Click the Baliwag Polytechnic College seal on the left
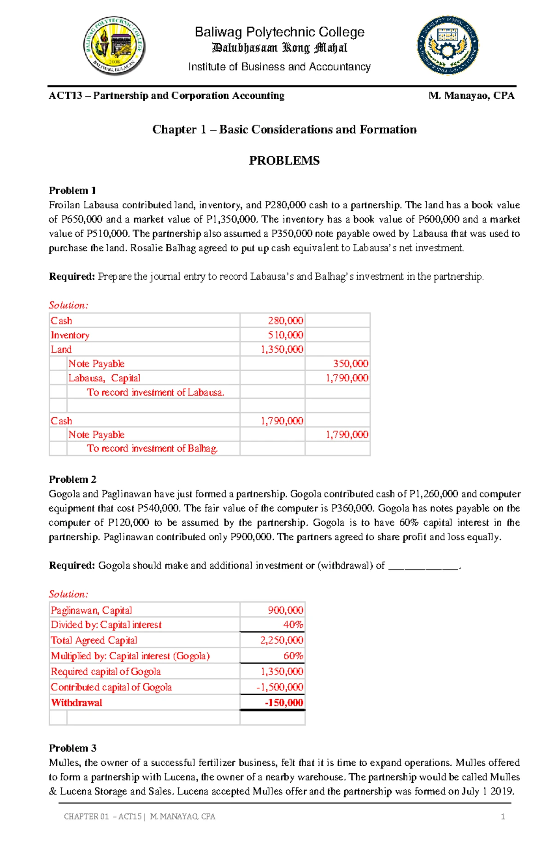coord(115,46)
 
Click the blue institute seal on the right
coord(447,45)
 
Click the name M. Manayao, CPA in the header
coord(471,96)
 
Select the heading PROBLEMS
coord(284,160)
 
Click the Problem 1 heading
coord(72,190)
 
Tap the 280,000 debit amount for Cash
coord(285,320)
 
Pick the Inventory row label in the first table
coord(70,335)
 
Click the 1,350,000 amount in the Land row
coord(282,349)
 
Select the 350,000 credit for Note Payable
coord(350,364)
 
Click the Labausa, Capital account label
coord(104,378)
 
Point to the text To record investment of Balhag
coord(152,449)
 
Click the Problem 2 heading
coord(72,479)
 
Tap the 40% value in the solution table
coord(293,625)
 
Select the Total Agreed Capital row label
coord(94,640)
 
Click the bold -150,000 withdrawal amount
coord(284,703)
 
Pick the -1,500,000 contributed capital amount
coord(280,687)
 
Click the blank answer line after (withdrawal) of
coord(424,566)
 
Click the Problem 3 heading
coord(72,748)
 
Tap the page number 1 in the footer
coord(503,816)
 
